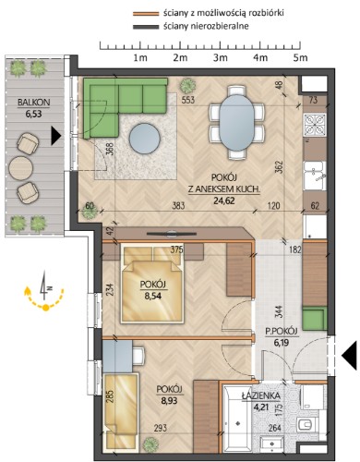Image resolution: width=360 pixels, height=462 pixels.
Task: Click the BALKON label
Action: pyautogui.click(x=33, y=102)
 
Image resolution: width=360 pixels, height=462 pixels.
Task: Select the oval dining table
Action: pyautogui.click(x=236, y=122)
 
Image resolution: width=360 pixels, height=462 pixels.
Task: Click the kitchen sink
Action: pyautogui.click(x=315, y=176)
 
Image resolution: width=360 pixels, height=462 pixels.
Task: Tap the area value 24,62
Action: pyautogui.click(x=223, y=201)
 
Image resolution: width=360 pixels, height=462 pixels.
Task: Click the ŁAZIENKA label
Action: pyautogui.click(x=260, y=396)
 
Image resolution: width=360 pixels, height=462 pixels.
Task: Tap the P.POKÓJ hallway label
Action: pyautogui.click(x=282, y=332)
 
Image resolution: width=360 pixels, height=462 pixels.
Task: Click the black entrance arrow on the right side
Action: pyautogui.click(x=349, y=356)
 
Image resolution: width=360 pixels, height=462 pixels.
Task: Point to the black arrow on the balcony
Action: pyautogui.click(x=55, y=136)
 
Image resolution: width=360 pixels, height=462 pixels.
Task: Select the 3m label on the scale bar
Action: pyautogui.click(x=221, y=58)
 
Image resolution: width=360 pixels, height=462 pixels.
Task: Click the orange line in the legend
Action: pyautogui.click(x=145, y=14)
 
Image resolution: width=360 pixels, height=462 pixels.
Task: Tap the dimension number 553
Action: pyautogui.click(x=187, y=100)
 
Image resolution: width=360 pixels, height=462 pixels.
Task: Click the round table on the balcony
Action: pyautogui.click(x=21, y=168)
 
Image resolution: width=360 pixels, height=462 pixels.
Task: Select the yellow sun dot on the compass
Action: pyautogui.click(x=45, y=307)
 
